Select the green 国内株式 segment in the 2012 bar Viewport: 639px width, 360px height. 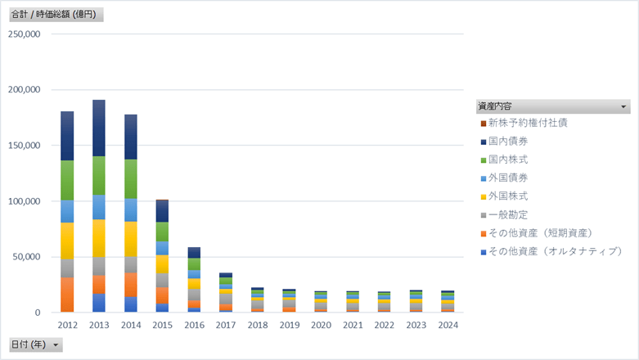68,180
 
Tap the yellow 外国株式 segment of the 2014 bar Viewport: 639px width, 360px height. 131,239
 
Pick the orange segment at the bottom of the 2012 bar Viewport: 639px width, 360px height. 68,295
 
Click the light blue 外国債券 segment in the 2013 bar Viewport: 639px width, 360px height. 99,207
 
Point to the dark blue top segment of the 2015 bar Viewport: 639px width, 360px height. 162,211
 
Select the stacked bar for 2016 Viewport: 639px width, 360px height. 194,278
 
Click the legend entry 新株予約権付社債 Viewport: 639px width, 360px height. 528,123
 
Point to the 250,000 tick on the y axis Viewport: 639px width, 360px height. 24,34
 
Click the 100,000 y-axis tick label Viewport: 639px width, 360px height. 24,201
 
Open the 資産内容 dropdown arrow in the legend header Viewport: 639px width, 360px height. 623,106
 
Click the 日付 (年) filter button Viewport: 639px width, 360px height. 34,344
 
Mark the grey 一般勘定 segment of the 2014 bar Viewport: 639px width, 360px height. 131,264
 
